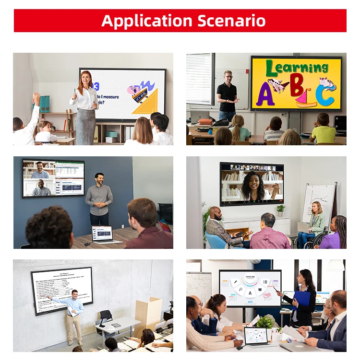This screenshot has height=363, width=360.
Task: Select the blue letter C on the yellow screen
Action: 325,95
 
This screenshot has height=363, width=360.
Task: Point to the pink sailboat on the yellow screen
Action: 306,99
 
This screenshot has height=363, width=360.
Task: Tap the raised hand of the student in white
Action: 36,98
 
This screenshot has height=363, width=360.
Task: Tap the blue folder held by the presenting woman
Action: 301,299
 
